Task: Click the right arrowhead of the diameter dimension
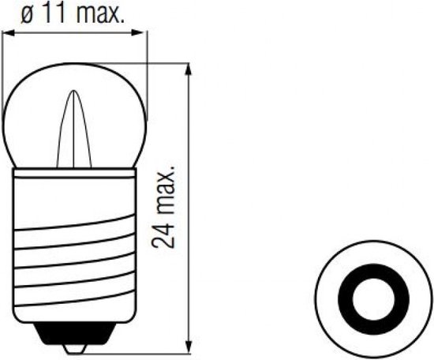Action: (x=143, y=32)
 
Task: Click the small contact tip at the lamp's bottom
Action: (x=77, y=344)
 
